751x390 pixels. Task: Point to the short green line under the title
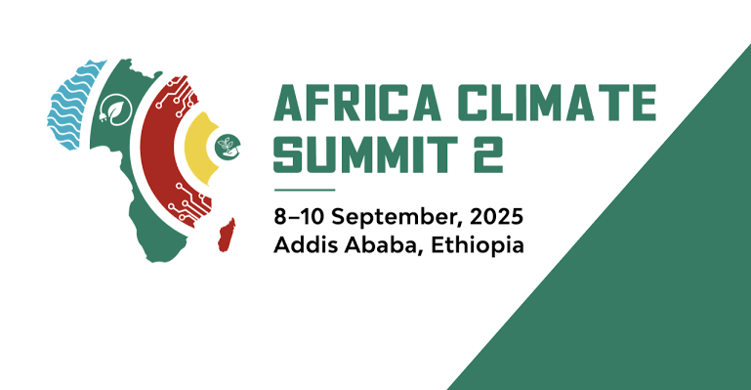[305, 189]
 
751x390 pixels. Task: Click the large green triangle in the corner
[645, 274]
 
